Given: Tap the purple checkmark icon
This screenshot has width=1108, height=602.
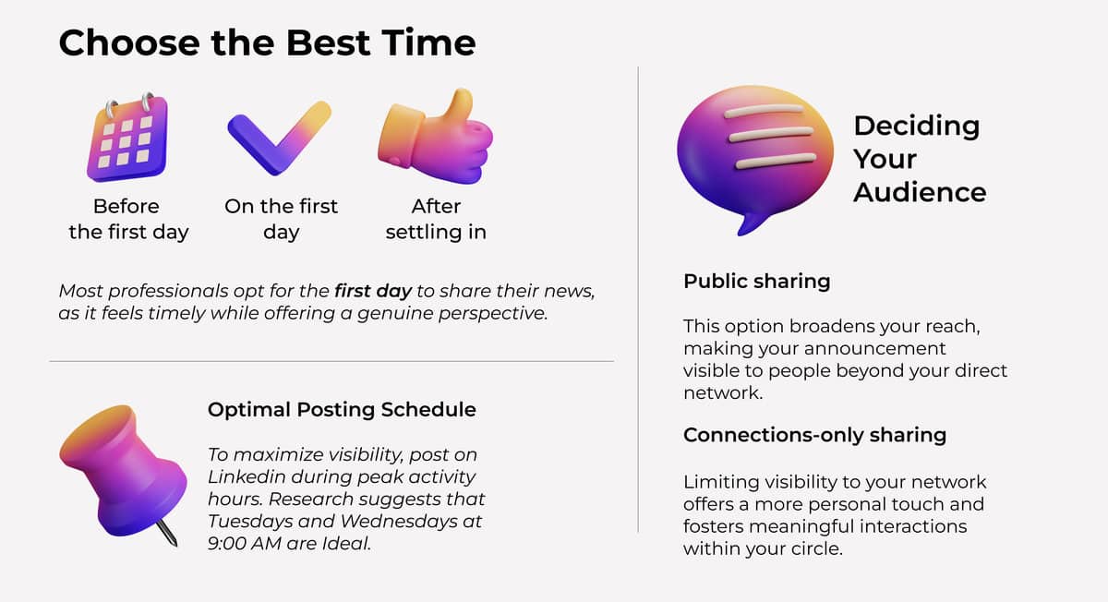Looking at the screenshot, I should (x=278, y=138).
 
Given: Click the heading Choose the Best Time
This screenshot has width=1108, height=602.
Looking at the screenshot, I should (x=267, y=43).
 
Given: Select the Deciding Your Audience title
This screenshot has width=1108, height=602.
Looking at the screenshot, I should (x=919, y=159).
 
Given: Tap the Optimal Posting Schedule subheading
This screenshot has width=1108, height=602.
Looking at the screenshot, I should (x=342, y=409).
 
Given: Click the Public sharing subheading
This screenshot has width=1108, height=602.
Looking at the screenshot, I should (x=756, y=281).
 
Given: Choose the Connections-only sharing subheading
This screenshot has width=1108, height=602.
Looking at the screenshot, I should (x=814, y=435).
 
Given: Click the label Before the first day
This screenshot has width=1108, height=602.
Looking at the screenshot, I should (x=127, y=219).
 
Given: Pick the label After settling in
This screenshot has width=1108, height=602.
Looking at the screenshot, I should (x=436, y=219).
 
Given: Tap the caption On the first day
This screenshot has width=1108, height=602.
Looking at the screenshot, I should (x=281, y=219).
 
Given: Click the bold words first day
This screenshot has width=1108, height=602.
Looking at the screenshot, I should (x=373, y=291).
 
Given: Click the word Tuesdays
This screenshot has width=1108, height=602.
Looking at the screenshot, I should (x=247, y=521).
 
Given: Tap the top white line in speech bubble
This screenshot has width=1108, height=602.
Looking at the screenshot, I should (x=767, y=114).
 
